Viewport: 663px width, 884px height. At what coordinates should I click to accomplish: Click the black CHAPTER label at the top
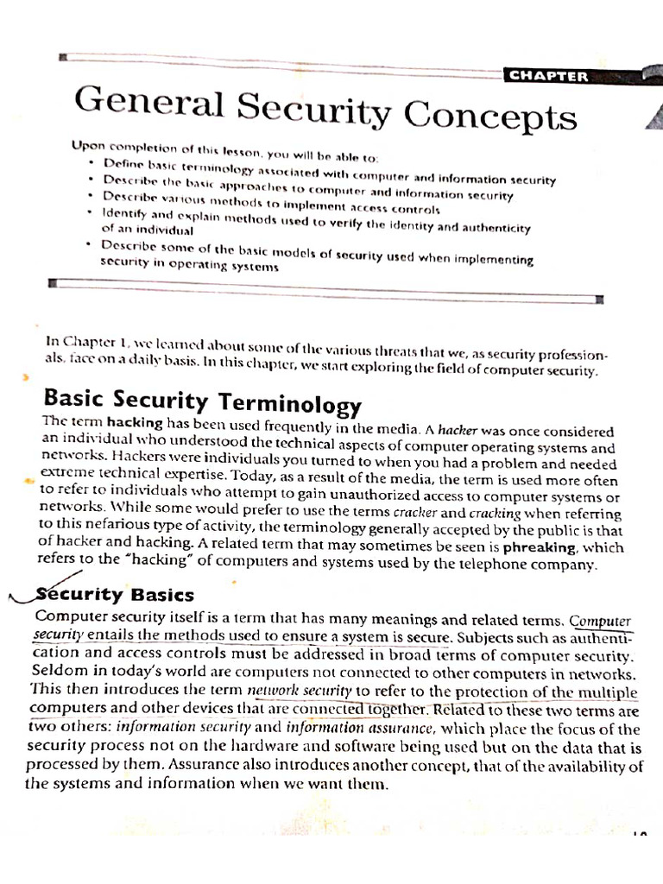pyautogui.click(x=548, y=75)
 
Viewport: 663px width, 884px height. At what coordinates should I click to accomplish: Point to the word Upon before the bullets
pyautogui.click(x=85, y=148)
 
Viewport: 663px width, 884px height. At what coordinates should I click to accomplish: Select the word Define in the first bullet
pyautogui.click(x=120, y=163)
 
